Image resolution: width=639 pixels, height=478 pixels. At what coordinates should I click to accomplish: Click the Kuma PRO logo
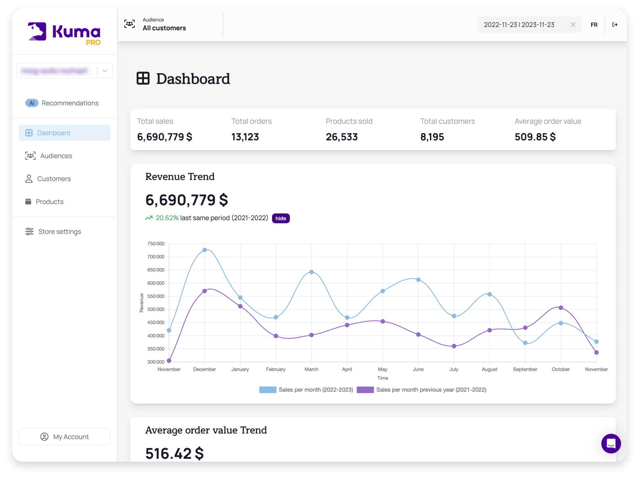(x=64, y=33)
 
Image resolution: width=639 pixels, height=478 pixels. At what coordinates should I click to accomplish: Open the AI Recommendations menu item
(x=62, y=103)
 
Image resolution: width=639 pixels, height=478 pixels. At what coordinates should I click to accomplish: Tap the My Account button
(x=65, y=437)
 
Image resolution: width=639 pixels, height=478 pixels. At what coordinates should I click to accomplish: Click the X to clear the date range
(x=573, y=25)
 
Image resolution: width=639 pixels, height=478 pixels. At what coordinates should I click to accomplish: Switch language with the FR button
(x=594, y=25)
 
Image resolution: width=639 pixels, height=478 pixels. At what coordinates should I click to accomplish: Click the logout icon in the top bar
(x=615, y=25)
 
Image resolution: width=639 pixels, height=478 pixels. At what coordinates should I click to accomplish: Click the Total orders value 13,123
(x=245, y=137)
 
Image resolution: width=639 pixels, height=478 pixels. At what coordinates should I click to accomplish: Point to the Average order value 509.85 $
(x=535, y=137)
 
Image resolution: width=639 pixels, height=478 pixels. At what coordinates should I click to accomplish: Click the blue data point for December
(x=205, y=250)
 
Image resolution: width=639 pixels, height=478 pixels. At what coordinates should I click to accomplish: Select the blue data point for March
(x=311, y=272)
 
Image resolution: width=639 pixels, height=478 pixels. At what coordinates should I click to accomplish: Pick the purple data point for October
(x=561, y=308)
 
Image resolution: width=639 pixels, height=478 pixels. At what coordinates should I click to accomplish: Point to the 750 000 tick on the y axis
(x=156, y=244)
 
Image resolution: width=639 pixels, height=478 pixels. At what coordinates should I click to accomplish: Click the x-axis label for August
(x=489, y=370)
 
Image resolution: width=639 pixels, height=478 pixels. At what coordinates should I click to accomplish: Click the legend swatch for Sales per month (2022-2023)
(x=268, y=390)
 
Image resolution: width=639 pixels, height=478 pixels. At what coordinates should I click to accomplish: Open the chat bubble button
(x=611, y=444)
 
